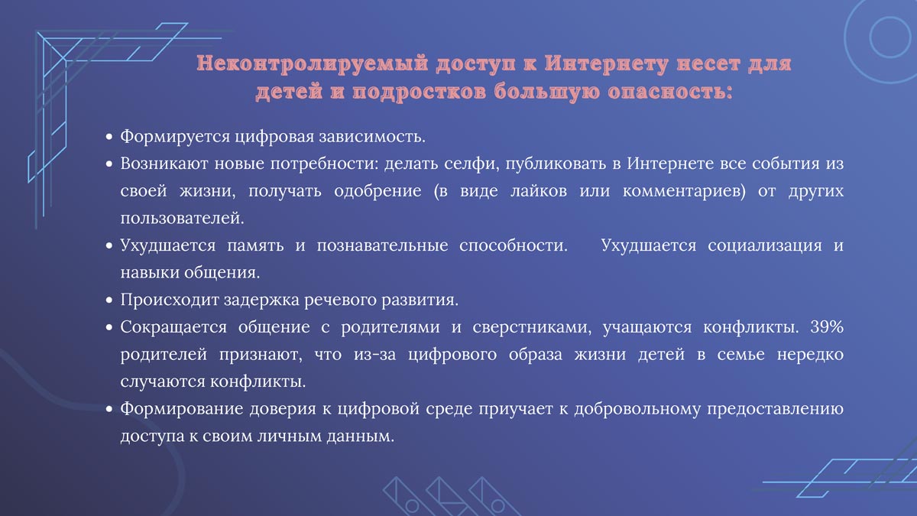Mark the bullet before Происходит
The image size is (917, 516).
(x=109, y=299)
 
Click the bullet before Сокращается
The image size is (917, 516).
(x=109, y=326)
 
